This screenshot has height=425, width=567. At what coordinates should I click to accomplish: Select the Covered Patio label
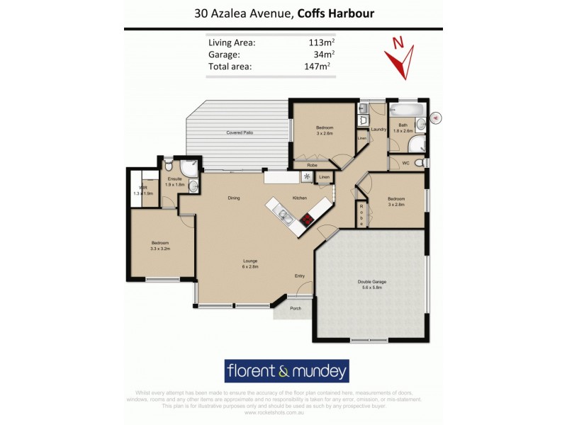[240, 132]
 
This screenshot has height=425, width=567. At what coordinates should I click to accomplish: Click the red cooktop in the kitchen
[307, 219]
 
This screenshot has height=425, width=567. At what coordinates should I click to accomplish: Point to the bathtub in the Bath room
[408, 111]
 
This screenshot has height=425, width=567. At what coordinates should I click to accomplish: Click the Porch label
[295, 308]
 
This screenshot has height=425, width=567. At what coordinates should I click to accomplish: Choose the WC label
[406, 164]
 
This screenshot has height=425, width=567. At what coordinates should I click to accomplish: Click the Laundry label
[378, 130]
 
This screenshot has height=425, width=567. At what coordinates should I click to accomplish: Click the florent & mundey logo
[286, 370]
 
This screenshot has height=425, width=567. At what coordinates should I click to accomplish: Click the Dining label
[234, 198]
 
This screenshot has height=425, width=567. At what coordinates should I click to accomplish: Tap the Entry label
[300, 276]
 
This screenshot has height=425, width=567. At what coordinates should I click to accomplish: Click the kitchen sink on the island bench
[283, 215]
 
